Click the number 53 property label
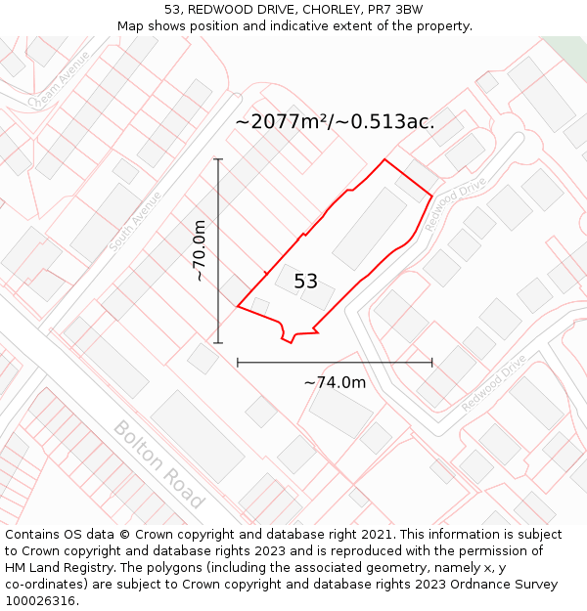tap(306, 282)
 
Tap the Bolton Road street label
tap(159, 463)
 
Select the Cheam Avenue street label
tap(60, 79)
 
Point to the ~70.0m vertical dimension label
tap(200, 250)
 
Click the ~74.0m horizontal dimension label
tap(335, 382)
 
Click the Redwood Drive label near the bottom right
tap(494, 383)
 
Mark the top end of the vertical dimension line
tap(218, 158)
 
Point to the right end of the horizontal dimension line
tap(431, 362)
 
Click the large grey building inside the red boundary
tap(370, 228)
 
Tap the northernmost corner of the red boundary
tap(384, 158)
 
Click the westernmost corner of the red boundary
tap(238, 306)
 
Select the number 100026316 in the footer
tap(39, 600)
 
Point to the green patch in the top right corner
tap(568, 49)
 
